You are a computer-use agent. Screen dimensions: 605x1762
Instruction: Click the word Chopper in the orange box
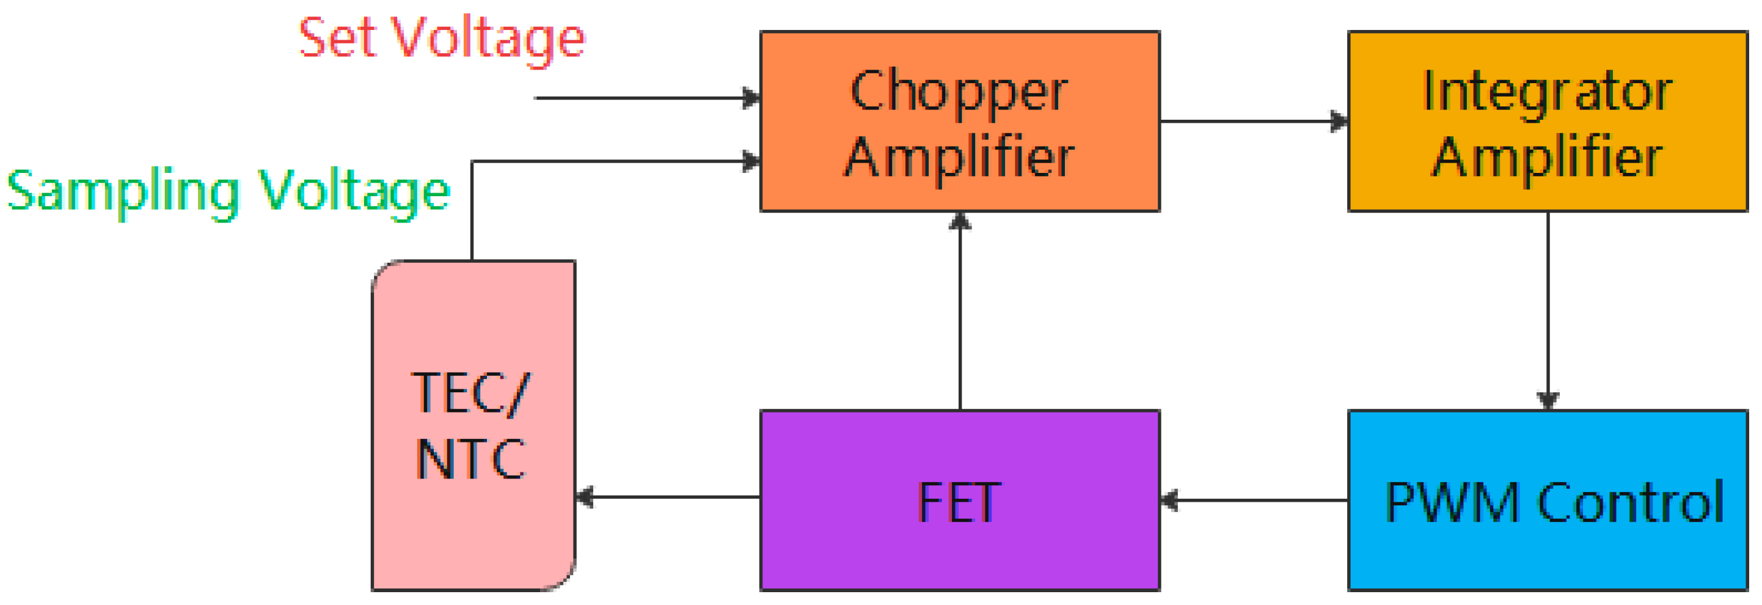pyautogui.click(x=959, y=92)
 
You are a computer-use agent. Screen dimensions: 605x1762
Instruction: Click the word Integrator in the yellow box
pyautogui.click(x=1546, y=92)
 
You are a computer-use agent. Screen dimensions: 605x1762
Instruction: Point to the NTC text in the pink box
pyautogui.click(x=470, y=458)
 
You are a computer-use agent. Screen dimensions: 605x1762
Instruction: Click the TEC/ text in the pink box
pyautogui.click(x=470, y=394)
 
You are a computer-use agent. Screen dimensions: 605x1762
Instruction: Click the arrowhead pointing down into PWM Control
pyautogui.click(x=1548, y=400)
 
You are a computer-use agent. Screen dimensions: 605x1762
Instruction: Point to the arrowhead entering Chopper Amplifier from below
pyautogui.click(x=960, y=221)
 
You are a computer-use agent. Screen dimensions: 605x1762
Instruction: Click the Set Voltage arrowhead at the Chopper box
pyautogui.click(x=751, y=98)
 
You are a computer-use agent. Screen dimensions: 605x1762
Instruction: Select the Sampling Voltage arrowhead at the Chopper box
pyautogui.click(x=751, y=161)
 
